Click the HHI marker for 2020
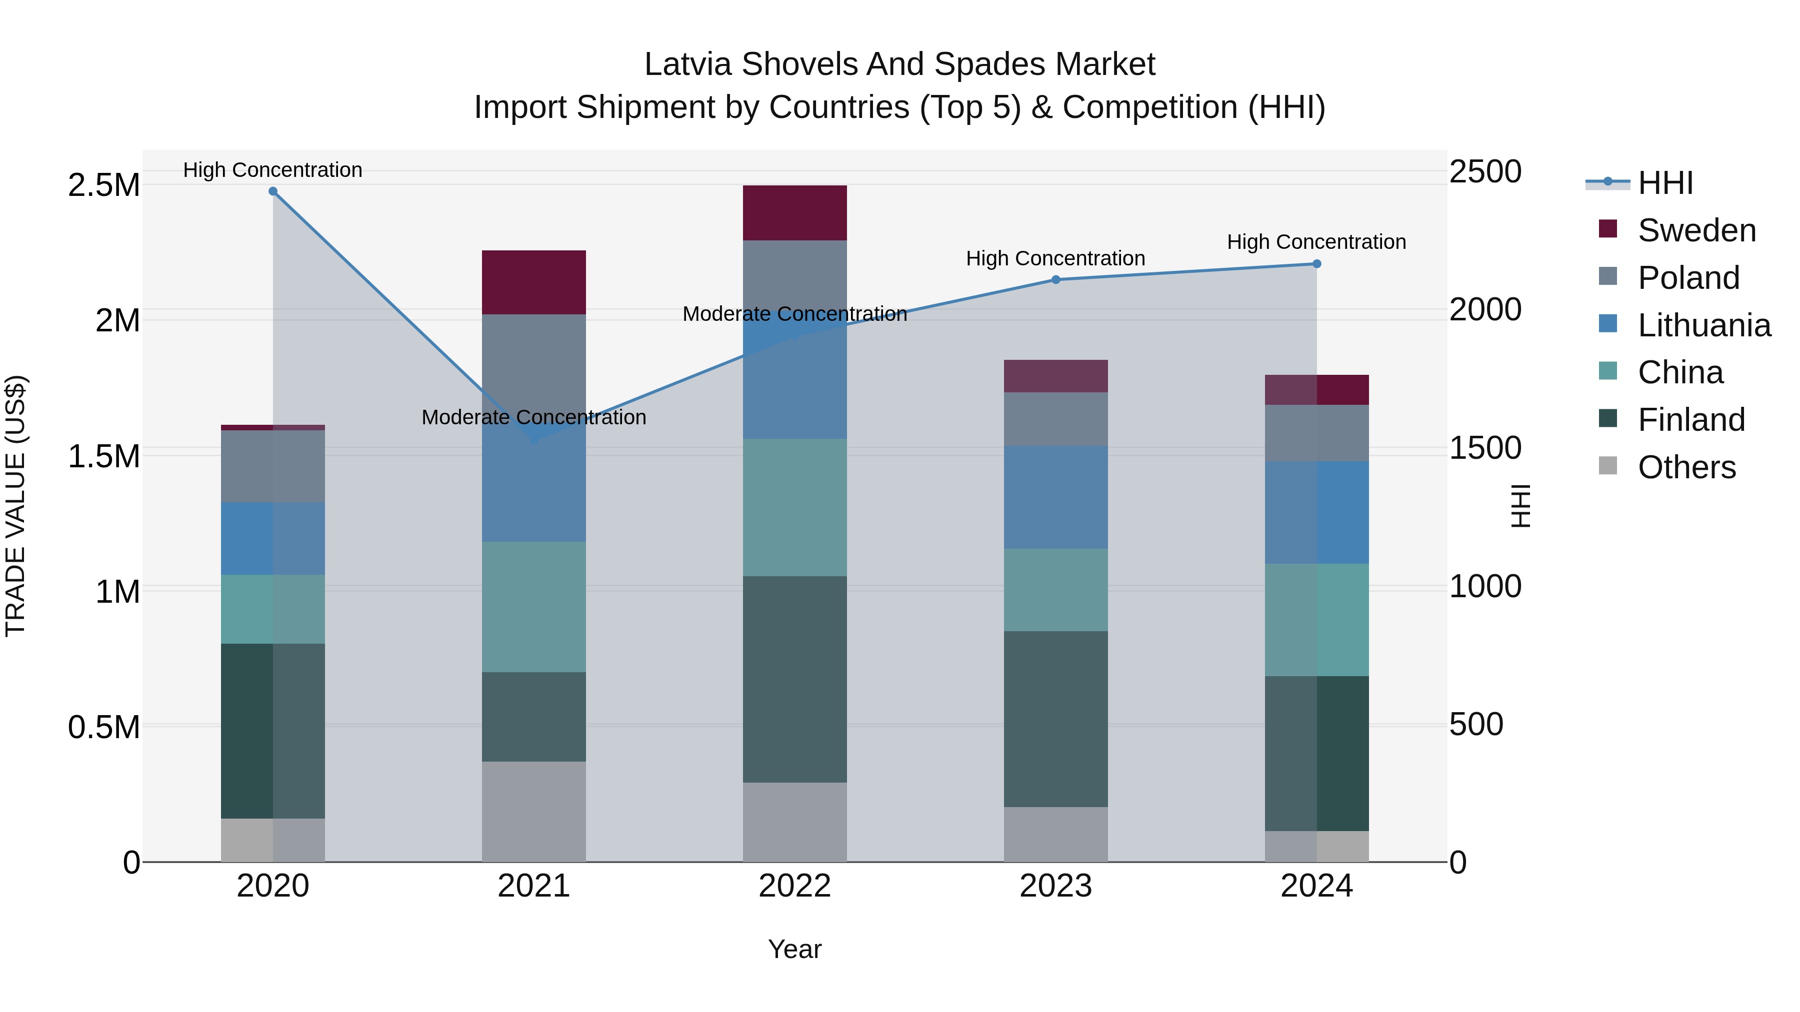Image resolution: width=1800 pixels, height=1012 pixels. tap(273, 191)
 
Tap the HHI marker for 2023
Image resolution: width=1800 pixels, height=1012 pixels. tap(1056, 280)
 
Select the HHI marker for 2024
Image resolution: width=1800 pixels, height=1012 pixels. tap(1316, 264)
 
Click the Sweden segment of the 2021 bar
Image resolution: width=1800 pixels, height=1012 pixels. tap(534, 282)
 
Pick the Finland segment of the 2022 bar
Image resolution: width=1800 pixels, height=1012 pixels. tap(794, 679)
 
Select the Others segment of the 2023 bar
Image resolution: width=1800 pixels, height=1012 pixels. tap(1056, 834)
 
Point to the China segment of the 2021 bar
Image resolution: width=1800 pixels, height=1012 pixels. tap(534, 606)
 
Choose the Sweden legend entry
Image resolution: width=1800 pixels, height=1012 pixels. tap(1696, 230)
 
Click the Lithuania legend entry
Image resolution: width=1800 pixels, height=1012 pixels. tap(1703, 325)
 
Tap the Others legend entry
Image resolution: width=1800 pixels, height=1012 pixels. tap(1686, 467)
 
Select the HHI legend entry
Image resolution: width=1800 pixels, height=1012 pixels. tap(1664, 183)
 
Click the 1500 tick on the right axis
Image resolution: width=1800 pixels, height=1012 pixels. tap(1485, 448)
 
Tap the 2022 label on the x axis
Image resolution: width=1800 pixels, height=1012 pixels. tap(794, 886)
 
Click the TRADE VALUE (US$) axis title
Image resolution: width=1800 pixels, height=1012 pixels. tap(15, 506)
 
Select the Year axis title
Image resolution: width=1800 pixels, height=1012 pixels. tap(794, 949)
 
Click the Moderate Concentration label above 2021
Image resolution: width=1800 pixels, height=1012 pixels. tap(534, 417)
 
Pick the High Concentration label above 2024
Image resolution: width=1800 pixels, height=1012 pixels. tap(1316, 242)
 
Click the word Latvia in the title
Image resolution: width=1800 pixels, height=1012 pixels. tap(688, 64)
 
